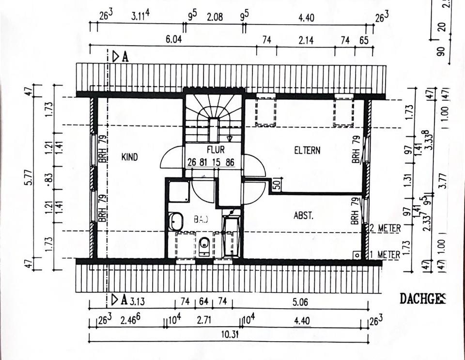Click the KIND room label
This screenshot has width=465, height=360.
click(129, 157)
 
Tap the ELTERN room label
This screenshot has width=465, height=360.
click(307, 150)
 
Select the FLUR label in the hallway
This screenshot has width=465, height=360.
click(216, 150)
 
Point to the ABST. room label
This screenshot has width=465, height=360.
click(304, 216)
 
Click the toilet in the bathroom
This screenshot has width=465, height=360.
click(204, 245)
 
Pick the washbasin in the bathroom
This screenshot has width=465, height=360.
click(176, 221)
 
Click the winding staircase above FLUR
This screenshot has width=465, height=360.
click(214, 116)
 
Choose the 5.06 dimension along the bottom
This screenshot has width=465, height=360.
click(300, 301)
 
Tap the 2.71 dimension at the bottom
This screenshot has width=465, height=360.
click(204, 320)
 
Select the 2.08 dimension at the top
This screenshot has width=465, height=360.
click(214, 18)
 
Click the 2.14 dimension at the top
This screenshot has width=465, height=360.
click(306, 40)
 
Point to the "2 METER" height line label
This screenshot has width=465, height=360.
click(385, 228)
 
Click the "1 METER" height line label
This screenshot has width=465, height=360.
click(385, 254)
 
